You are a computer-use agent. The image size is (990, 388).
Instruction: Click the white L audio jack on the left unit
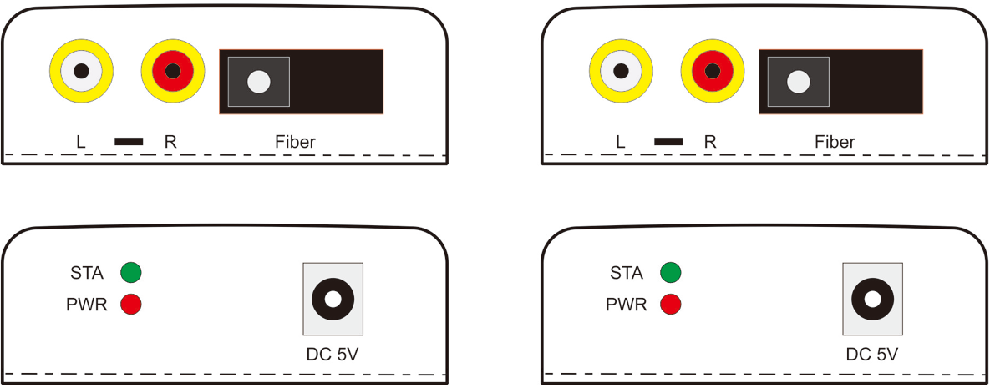point(81,71)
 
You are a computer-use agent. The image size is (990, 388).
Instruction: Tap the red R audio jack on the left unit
point(173,71)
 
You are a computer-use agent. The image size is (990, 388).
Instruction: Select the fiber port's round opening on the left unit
point(259,82)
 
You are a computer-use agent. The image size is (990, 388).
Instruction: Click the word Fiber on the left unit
point(295,141)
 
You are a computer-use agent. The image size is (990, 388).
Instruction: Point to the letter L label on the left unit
point(81,141)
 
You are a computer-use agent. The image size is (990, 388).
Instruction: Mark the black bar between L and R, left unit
point(129,141)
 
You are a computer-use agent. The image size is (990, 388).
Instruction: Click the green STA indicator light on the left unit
point(130,273)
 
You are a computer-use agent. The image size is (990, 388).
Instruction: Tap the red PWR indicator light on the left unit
point(130,304)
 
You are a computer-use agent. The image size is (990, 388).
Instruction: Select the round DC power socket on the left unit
point(333,299)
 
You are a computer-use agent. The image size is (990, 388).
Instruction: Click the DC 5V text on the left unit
point(333,355)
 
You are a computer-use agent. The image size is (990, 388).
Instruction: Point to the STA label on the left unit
point(87,273)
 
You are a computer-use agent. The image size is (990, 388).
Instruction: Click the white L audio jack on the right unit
point(622,71)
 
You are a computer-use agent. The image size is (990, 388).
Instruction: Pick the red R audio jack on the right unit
point(713,71)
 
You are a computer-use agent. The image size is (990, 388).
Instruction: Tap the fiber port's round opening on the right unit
point(799,82)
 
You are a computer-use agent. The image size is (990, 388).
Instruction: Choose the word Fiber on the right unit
point(835,141)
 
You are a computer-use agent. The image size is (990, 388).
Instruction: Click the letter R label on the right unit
point(710,141)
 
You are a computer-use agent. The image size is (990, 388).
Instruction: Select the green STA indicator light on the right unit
point(671,273)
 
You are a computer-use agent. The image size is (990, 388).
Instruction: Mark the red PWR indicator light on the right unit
point(671,304)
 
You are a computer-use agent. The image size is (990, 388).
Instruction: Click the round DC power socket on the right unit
point(872,299)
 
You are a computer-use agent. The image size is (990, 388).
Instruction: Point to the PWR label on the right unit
point(627,305)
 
